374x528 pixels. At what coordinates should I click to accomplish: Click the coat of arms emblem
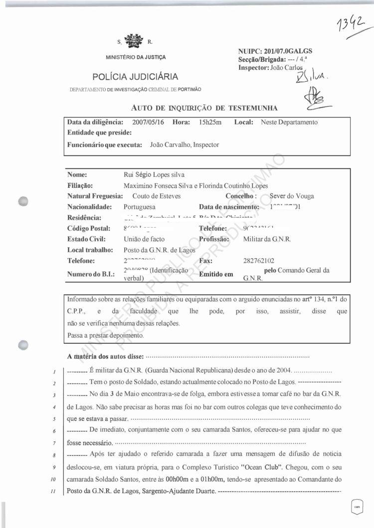tap(133, 41)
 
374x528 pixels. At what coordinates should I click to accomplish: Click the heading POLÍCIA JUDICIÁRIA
tap(135, 77)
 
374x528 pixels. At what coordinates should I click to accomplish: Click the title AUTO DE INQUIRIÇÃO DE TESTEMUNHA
tap(204, 108)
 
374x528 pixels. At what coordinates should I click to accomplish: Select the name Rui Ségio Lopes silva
tap(154, 175)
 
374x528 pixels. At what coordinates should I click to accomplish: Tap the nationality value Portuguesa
tap(139, 207)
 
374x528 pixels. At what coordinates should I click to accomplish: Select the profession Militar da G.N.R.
tap(267, 239)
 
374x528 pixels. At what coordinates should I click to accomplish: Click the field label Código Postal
tap(89, 229)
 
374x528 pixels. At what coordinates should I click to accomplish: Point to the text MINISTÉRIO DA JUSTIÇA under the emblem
tap(135, 57)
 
